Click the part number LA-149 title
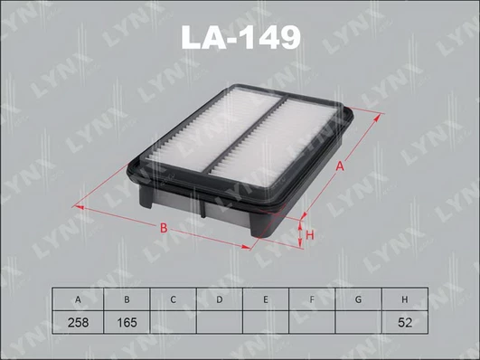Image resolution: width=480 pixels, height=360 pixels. pyautogui.click(x=241, y=37)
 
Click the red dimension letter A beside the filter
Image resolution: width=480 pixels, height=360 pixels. pyautogui.click(x=340, y=166)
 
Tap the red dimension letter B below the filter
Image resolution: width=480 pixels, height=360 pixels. pyautogui.click(x=164, y=228)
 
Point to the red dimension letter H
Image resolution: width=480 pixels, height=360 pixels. pyautogui.click(x=310, y=235)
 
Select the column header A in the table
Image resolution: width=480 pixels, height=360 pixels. pyautogui.click(x=78, y=299)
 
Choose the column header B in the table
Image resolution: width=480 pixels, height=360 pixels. pyautogui.click(x=127, y=299)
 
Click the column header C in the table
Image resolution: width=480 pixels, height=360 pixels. pyautogui.click(x=173, y=299)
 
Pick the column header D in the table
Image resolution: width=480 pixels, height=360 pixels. pyautogui.click(x=219, y=299)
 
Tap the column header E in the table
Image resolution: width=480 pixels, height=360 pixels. pyautogui.click(x=266, y=299)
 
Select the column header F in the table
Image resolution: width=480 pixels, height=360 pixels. pyautogui.click(x=312, y=299)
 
